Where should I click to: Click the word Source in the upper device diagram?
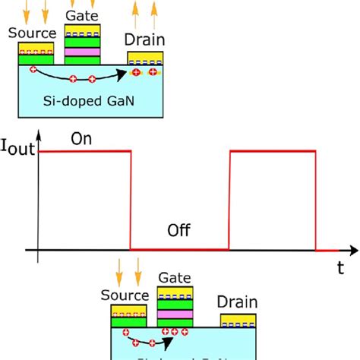click(x=32, y=33)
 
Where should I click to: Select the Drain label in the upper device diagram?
click(x=146, y=39)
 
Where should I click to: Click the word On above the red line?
click(x=81, y=139)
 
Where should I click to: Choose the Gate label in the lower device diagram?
click(x=175, y=279)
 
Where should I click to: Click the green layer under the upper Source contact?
click(x=36, y=59)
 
